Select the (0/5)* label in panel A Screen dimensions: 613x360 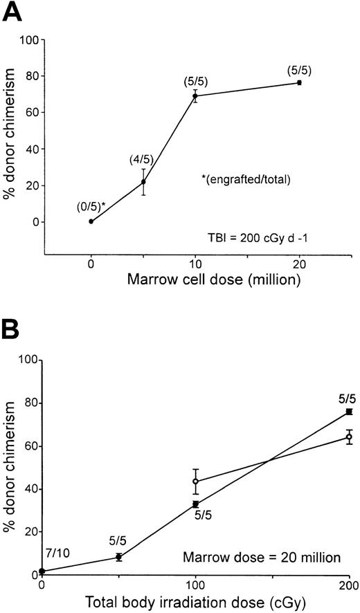click(91, 205)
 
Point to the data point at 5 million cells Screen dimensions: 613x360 click(143, 182)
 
